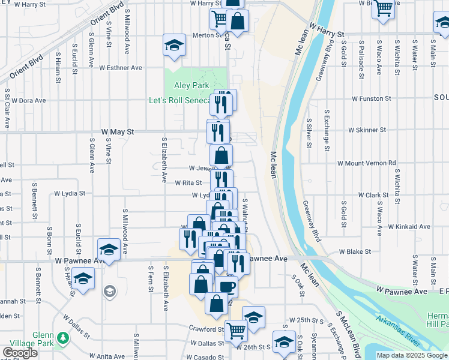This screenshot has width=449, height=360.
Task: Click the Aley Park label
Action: pyautogui.click(x=191, y=86)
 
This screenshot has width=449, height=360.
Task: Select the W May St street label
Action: pyautogui.click(x=118, y=131)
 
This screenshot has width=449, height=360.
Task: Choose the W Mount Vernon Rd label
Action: pyautogui.click(x=366, y=163)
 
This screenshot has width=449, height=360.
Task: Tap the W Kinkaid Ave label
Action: pyautogui.click(x=408, y=227)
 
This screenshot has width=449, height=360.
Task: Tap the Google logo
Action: pyautogui.click(x=20, y=353)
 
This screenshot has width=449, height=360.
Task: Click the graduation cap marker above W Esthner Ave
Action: pyautogui.click(x=173, y=46)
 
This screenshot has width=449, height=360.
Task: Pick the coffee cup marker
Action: pyautogui.click(x=227, y=286)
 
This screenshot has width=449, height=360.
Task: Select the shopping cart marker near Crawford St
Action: pyautogui.click(x=236, y=329)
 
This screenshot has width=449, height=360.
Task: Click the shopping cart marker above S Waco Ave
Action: pyautogui.click(x=383, y=8)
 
